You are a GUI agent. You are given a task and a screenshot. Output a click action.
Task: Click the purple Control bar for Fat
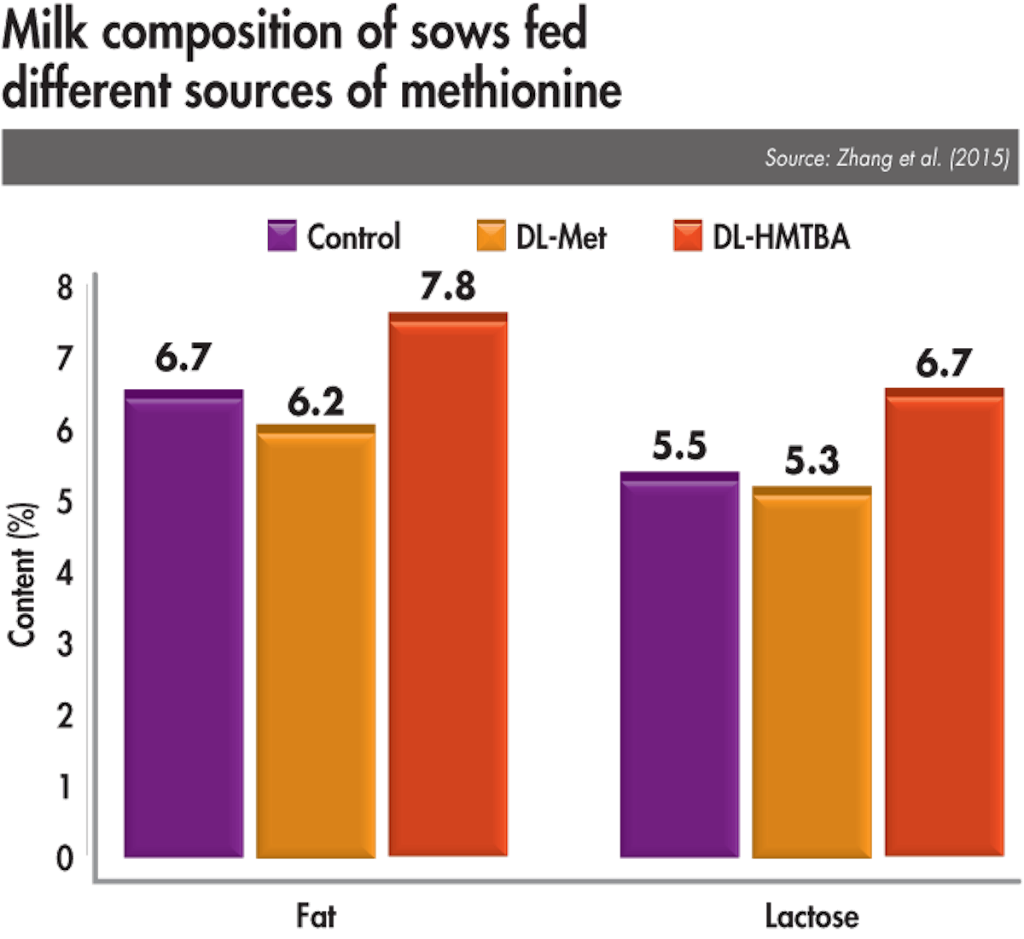[x=183, y=623]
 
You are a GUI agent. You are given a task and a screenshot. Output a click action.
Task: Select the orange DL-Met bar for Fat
[x=316, y=640]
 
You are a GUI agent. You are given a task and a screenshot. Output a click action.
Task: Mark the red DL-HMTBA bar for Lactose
[x=944, y=623]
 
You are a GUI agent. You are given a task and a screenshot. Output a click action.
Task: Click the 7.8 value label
[x=446, y=287]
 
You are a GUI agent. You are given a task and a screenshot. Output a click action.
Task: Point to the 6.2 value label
[x=316, y=401]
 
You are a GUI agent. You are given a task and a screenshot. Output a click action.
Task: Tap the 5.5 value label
[x=680, y=446]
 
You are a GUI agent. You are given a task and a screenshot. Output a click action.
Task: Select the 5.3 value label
[x=812, y=461]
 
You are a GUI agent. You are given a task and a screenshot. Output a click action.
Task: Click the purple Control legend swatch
[x=282, y=236]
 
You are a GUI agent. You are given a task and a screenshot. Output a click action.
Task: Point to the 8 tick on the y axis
[x=66, y=289]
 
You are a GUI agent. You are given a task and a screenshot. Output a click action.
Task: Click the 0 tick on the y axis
[x=66, y=857]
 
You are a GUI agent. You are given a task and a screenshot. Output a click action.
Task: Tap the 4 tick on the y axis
[x=66, y=573]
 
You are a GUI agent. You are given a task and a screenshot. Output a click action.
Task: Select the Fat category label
[x=316, y=916]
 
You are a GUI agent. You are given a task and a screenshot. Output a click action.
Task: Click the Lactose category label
[x=812, y=916]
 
